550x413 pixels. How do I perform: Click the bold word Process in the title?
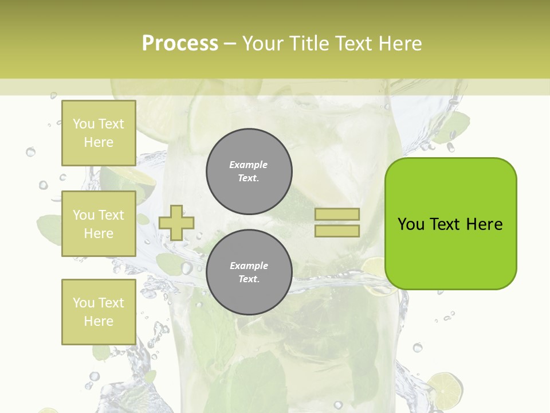coord(180,43)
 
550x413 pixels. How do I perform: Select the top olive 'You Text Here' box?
coord(99,133)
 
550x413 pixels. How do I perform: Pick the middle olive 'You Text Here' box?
coord(99,224)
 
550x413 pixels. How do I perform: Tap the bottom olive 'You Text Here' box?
coord(99,311)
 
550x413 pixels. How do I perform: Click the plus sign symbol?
coord(176,223)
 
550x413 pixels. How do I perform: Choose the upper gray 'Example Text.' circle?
coord(249,172)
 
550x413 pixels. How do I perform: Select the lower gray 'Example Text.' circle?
coord(249,272)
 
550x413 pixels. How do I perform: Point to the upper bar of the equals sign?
coord(337,215)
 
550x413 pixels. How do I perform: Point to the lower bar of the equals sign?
coord(337,231)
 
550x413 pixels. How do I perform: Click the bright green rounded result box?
coord(450,224)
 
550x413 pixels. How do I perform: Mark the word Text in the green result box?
coord(445,224)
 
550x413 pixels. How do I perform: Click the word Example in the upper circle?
coord(249,165)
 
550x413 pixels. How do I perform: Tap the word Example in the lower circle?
coord(249,266)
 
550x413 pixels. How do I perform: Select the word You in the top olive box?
coord(84,124)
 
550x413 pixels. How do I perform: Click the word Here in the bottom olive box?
coord(99,321)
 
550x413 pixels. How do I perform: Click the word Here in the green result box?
coord(484,224)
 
